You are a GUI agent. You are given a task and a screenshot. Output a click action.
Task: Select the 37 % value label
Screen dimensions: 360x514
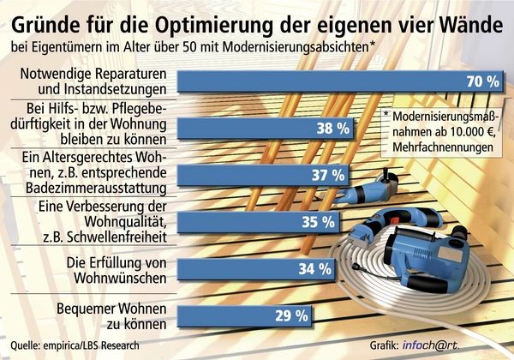point(330,176)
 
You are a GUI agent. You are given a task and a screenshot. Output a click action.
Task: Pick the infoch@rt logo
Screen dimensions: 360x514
point(462,345)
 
